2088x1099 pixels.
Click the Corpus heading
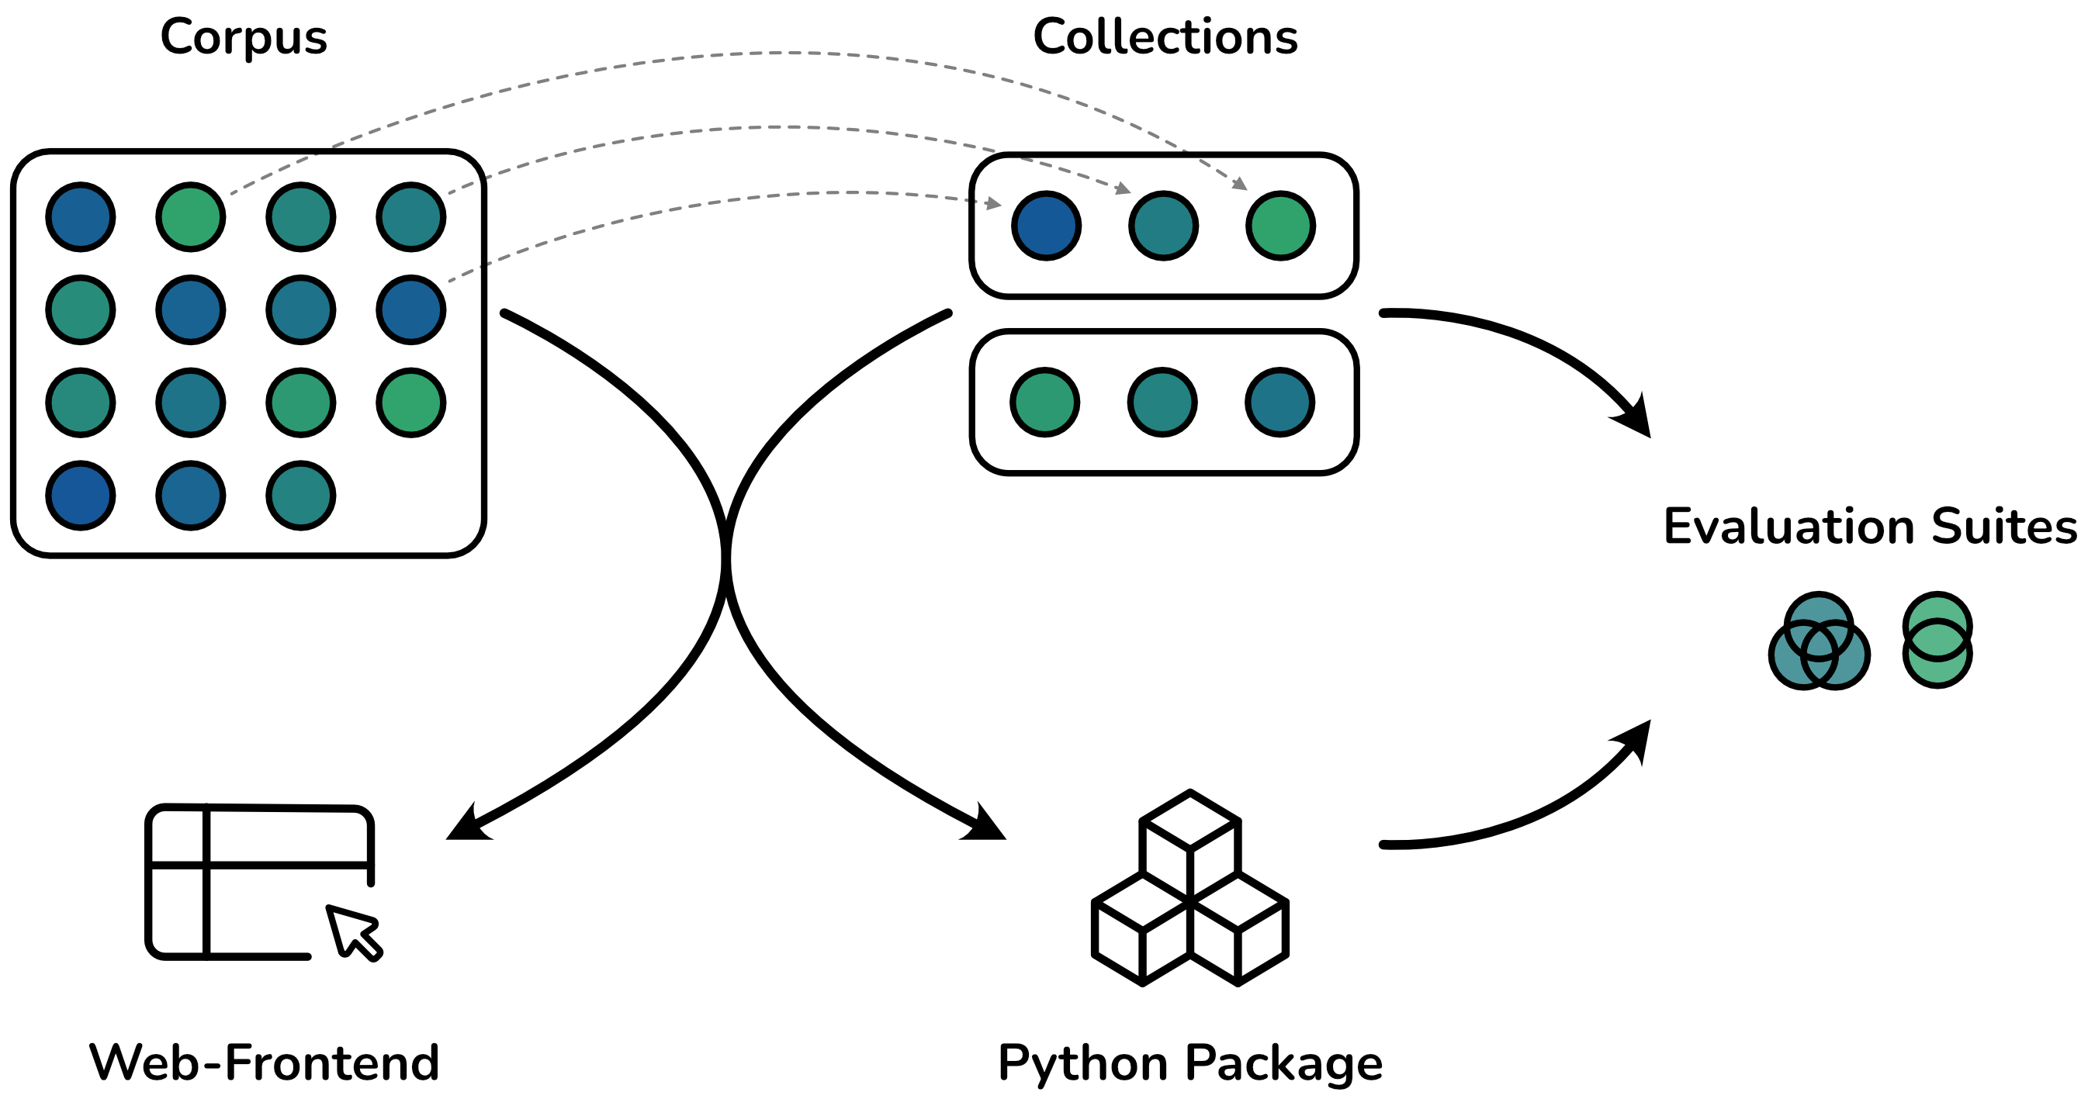pyautogui.click(x=243, y=38)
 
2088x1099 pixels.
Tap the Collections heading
pyautogui.click(x=1165, y=38)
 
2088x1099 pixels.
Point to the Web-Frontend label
pyautogui.click(x=265, y=1063)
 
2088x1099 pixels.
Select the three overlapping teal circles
pyautogui.click(x=1819, y=642)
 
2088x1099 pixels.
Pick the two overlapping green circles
pyautogui.click(x=1937, y=641)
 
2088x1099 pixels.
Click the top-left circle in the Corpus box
pyautogui.click(x=80, y=217)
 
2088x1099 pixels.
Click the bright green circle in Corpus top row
pyautogui.click(x=190, y=217)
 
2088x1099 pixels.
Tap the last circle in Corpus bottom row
pyautogui.click(x=301, y=495)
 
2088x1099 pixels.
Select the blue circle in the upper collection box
pyautogui.click(x=1046, y=226)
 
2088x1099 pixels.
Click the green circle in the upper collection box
pyautogui.click(x=1279, y=226)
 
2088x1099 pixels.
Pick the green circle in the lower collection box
pyautogui.click(x=1044, y=403)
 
